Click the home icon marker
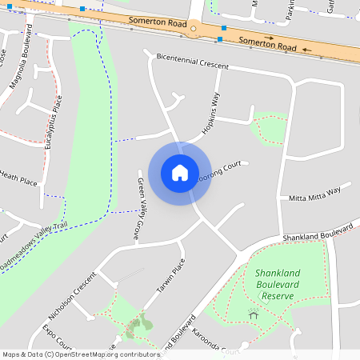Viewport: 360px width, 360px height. pyautogui.click(x=179, y=173)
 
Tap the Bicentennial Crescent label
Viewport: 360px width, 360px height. pyautogui.click(x=193, y=62)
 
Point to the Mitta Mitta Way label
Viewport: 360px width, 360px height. pyautogui.click(x=314, y=193)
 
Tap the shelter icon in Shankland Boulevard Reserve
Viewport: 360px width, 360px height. pyautogui.click(x=254, y=314)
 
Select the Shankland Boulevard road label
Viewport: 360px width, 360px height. pyautogui.click(x=317, y=233)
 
